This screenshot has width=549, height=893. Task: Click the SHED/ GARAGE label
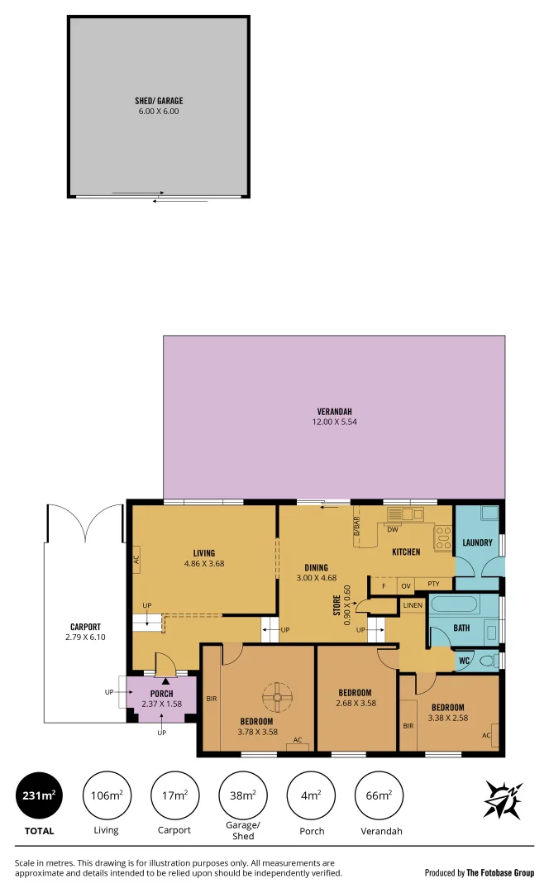click(159, 101)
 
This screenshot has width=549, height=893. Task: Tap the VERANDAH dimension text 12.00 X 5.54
click(335, 422)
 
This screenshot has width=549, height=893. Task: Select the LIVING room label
click(204, 553)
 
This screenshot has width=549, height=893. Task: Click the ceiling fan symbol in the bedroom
click(275, 696)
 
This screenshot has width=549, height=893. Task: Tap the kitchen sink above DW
click(405, 514)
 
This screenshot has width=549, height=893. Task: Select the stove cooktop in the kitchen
click(442, 538)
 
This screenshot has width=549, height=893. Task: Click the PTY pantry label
click(433, 585)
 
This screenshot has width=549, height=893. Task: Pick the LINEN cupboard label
click(413, 605)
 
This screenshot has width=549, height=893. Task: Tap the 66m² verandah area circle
click(378, 795)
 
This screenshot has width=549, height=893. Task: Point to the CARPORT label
click(85, 627)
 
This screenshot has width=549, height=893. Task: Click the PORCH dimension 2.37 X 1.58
click(161, 704)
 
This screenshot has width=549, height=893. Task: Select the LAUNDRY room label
click(478, 543)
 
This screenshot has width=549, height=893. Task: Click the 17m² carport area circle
click(174, 795)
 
